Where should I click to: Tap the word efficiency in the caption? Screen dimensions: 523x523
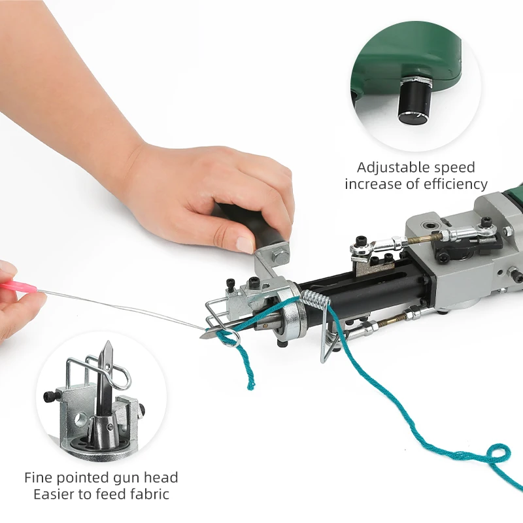[x=455, y=184]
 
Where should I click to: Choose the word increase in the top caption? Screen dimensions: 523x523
[x=371, y=184]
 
